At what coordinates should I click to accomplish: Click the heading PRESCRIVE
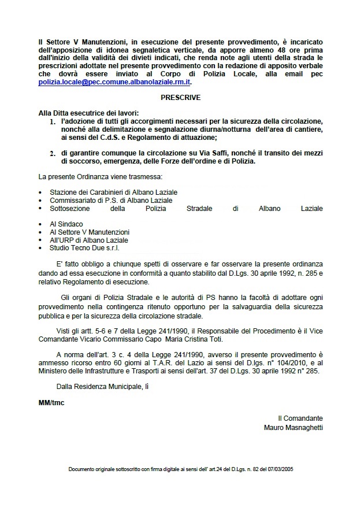(181, 98)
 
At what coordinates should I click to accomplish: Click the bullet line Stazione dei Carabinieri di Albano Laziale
(113, 191)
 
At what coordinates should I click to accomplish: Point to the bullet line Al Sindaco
(66, 224)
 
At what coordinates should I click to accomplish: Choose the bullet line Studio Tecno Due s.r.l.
(83, 247)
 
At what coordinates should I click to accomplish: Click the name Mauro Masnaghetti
(293, 428)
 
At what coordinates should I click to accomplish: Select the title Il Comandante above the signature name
(300, 418)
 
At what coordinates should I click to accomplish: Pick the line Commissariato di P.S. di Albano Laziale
(107, 199)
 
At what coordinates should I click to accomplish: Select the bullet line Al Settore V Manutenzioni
(89, 232)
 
